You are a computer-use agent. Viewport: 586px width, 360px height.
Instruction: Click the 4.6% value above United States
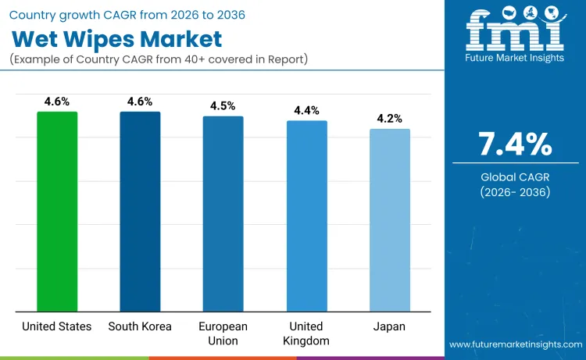click(x=57, y=102)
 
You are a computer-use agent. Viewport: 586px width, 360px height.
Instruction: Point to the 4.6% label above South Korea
click(x=140, y=102)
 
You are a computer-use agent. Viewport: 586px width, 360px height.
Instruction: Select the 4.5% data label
click(x=223, y=106)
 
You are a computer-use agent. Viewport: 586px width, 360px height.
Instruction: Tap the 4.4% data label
click(x=306, y=111)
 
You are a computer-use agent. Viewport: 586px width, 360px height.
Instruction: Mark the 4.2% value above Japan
click(x=389, y=119)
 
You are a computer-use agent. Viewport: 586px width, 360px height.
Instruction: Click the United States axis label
click(x=57, y=326)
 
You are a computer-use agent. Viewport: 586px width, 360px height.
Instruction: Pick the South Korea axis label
click(x=140, y=326)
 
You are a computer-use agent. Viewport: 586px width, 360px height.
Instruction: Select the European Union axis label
click(x=223, y=333)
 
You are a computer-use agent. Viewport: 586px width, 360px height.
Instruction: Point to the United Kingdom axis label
click(x=306, y=333)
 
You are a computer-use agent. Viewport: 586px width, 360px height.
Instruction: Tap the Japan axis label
click(x=389, y=326)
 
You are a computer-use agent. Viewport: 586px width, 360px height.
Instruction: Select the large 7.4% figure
click(x=515, y=145)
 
